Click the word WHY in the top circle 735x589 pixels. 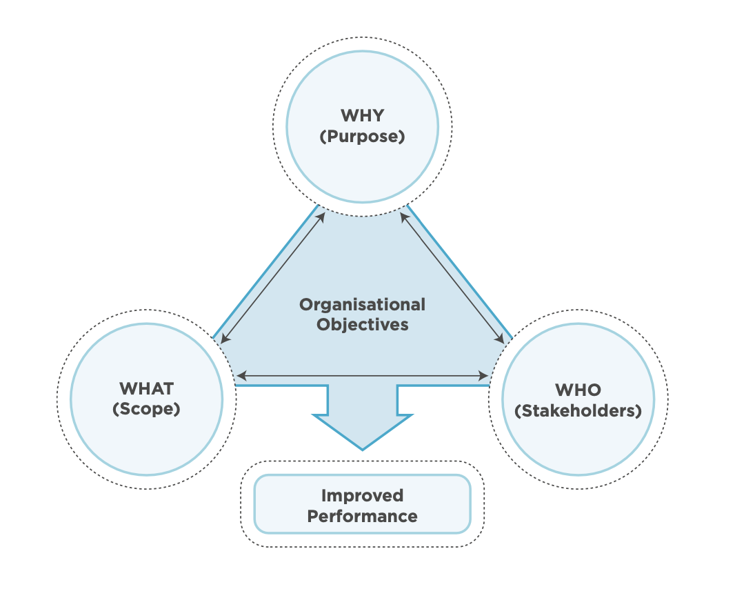click(x=362, y=114)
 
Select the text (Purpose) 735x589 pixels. click(x=362, y=136)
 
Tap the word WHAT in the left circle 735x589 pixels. click(x=146, y=388)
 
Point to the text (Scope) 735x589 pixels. click(x=146, y=408)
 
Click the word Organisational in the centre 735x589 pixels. click(x=362, y=304)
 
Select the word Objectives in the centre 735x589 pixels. click(x=362, y=324)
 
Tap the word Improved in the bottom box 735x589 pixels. click(x=362, y=495)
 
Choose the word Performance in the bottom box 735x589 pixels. click(x=362, y=516)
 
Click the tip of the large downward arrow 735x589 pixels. click(x=362, y=448)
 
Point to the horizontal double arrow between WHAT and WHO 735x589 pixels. click(x=362, y=376)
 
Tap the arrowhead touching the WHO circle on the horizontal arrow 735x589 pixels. click(x=485, y=376)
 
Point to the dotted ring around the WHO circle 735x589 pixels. click(x=667, y=400)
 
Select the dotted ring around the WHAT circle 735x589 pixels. click(x=57, y=400)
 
